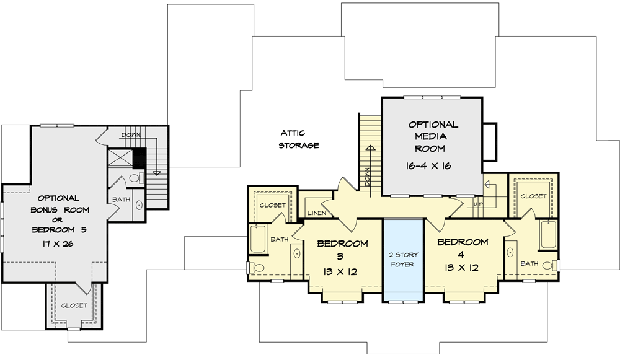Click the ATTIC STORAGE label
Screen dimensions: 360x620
pos(299,139)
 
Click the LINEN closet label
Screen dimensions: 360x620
pos(317,213)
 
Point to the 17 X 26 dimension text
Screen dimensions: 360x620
pos(59,244)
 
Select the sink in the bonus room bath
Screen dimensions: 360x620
pos(139,204)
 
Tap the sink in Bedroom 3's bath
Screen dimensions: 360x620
pos(296,254)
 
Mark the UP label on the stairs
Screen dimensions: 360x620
pos(477,203)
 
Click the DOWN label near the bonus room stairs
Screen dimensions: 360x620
pos(131,134)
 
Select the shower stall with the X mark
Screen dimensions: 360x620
pos(120,158)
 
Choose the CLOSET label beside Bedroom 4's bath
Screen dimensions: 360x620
pos(533,196)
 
